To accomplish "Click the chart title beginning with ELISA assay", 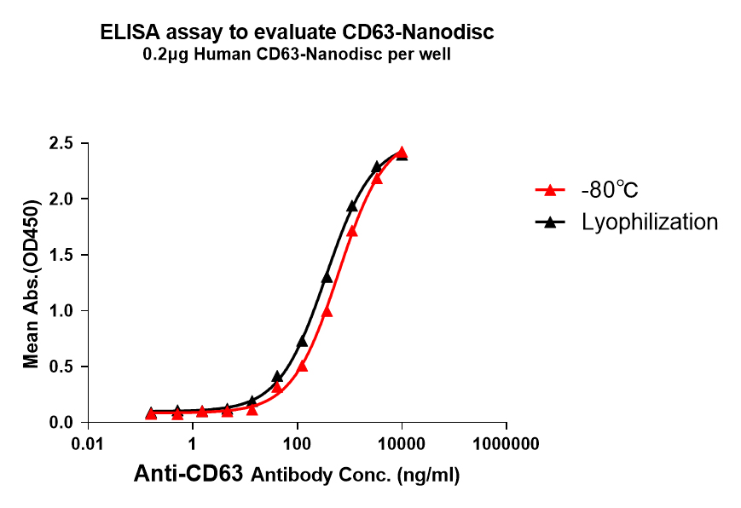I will [297, 33].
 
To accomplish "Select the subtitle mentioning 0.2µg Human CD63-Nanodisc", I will [297, 55].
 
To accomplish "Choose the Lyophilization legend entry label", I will [650, 222].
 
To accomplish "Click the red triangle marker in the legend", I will [550, 190].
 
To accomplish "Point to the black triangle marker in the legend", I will [550, 222].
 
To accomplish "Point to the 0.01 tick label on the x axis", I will [89, 444].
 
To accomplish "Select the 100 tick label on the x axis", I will [298, 444].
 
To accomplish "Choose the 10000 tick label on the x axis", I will [402, 444].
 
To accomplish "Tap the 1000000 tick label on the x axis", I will [506, 444].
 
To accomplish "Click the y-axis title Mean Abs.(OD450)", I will [32, 284].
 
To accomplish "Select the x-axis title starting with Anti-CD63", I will [297, 476].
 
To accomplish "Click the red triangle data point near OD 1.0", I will [327, 312].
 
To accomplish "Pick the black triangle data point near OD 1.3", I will [327, 278].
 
